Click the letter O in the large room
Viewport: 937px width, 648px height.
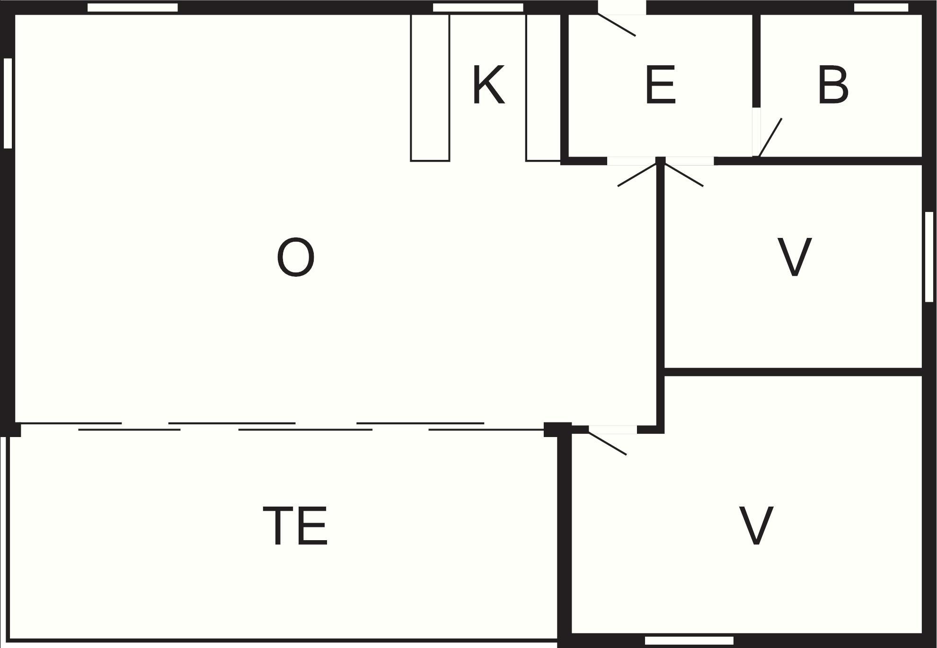pos(296,257)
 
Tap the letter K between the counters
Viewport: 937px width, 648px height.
pos(489,85)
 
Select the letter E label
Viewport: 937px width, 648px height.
pos(660,85)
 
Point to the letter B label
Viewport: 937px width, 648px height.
pos(833,85)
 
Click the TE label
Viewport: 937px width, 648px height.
pos(295,525)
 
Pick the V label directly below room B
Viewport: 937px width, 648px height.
pos(795,257)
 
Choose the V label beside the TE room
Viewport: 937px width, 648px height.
pos(756,525)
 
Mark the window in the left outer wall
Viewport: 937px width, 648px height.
pos(8,103)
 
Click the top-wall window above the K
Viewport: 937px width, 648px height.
pos(478,8)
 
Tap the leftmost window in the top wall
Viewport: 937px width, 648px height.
pos(133,8)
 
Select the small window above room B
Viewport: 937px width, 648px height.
pos(881,8)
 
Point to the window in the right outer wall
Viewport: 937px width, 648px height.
pos(929,256)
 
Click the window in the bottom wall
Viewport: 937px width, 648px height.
pos(689,640)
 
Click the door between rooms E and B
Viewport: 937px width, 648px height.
pos(767,132)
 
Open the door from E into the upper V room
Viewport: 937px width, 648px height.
pos(684,171)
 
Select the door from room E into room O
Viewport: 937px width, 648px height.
pos(634,171)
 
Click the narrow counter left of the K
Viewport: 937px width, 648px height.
pos(430,88)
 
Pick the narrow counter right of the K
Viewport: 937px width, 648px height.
pos(543,88)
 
